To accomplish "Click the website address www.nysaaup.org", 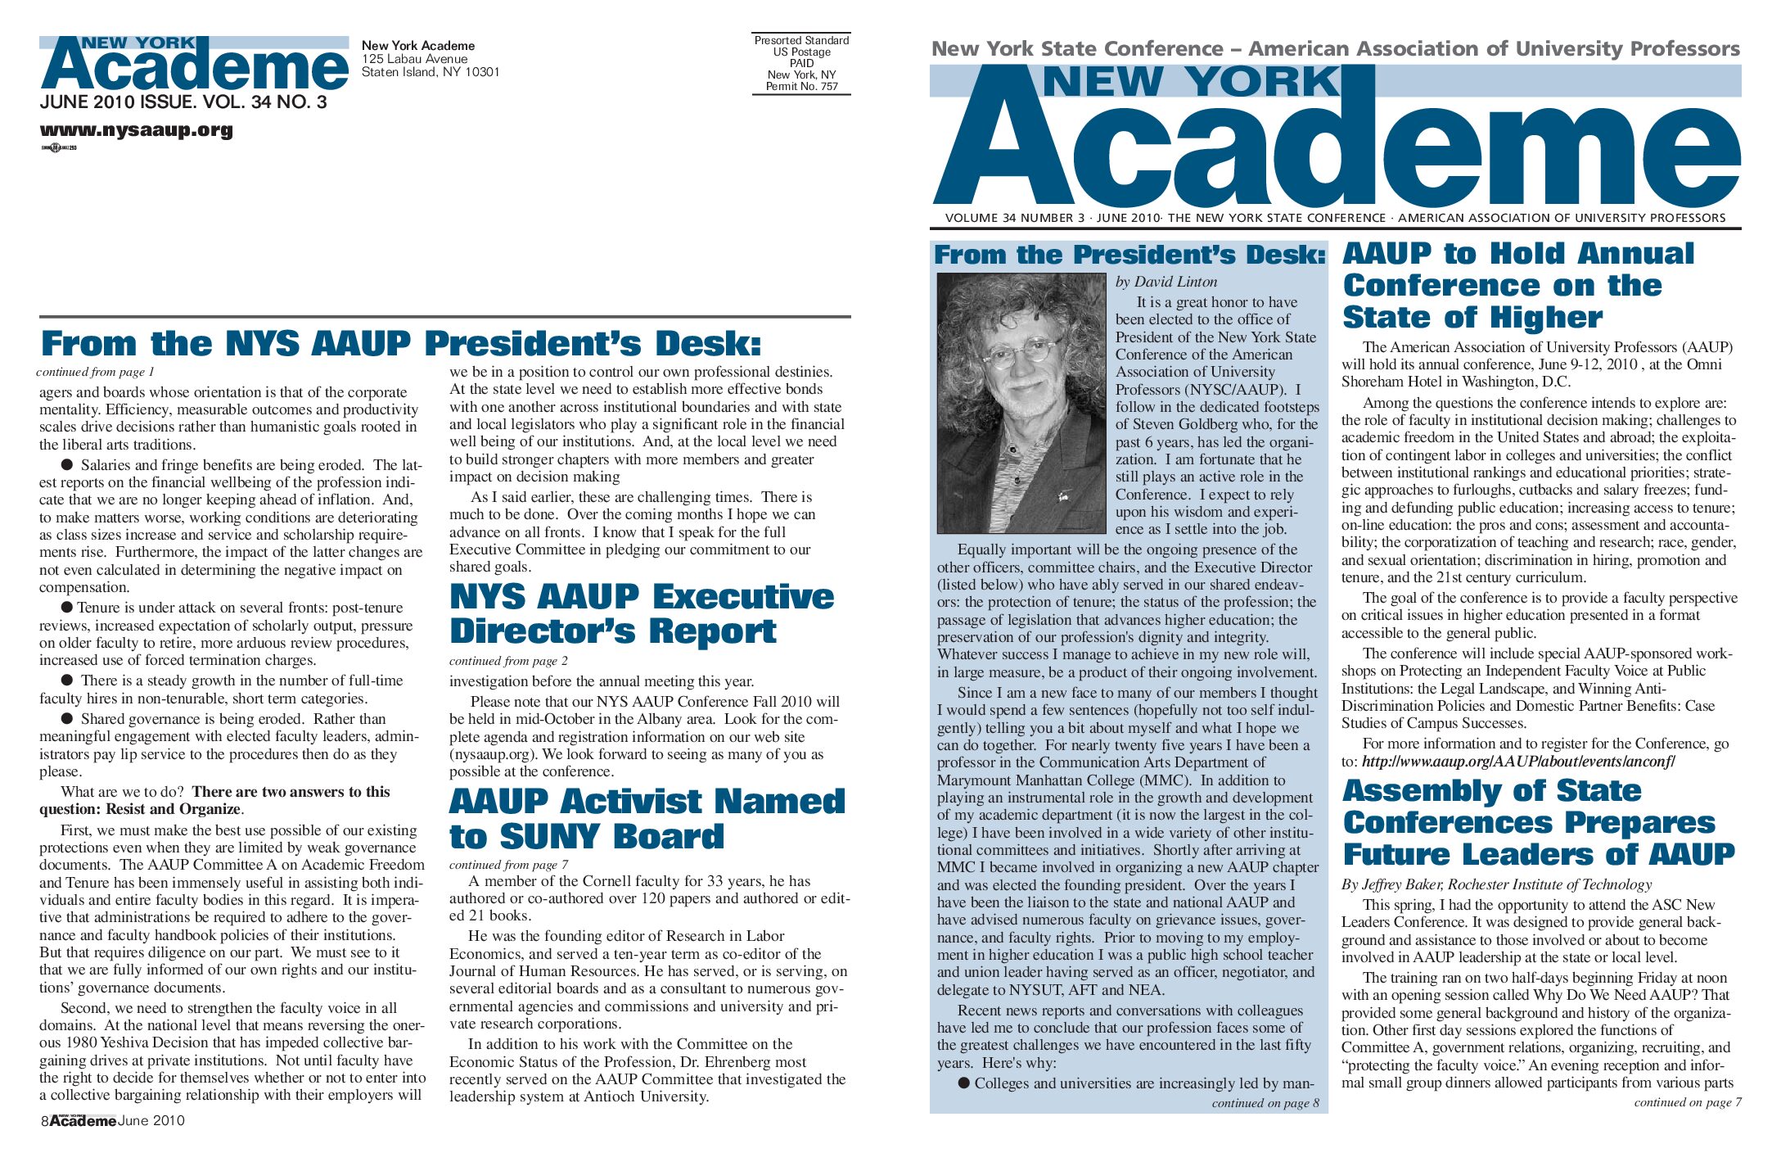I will (136, 130).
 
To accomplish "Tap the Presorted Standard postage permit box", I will (801, 63).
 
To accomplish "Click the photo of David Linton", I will (1021, 403).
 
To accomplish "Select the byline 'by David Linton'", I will (1166, 282).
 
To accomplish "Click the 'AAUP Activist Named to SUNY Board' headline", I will (647, 819).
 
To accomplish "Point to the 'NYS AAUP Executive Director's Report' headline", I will (642, 614).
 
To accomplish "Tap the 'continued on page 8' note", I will (1265, 1103).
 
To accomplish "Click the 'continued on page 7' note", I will (1687, 1102).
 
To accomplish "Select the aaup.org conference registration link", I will (1518, 762).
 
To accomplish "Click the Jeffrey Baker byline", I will (1495, 884).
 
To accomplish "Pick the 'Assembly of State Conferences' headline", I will (1537, 822).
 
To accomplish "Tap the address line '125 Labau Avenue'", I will (415, 59).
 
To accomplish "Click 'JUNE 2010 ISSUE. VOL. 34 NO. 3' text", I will (183, 102).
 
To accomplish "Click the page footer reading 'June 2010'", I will (151, 1121).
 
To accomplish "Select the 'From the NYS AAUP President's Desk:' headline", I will (401, 344).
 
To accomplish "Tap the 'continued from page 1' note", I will (95, 372).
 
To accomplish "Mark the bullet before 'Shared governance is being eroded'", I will (67, 718).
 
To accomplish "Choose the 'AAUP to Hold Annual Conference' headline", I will (1517, 285).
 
